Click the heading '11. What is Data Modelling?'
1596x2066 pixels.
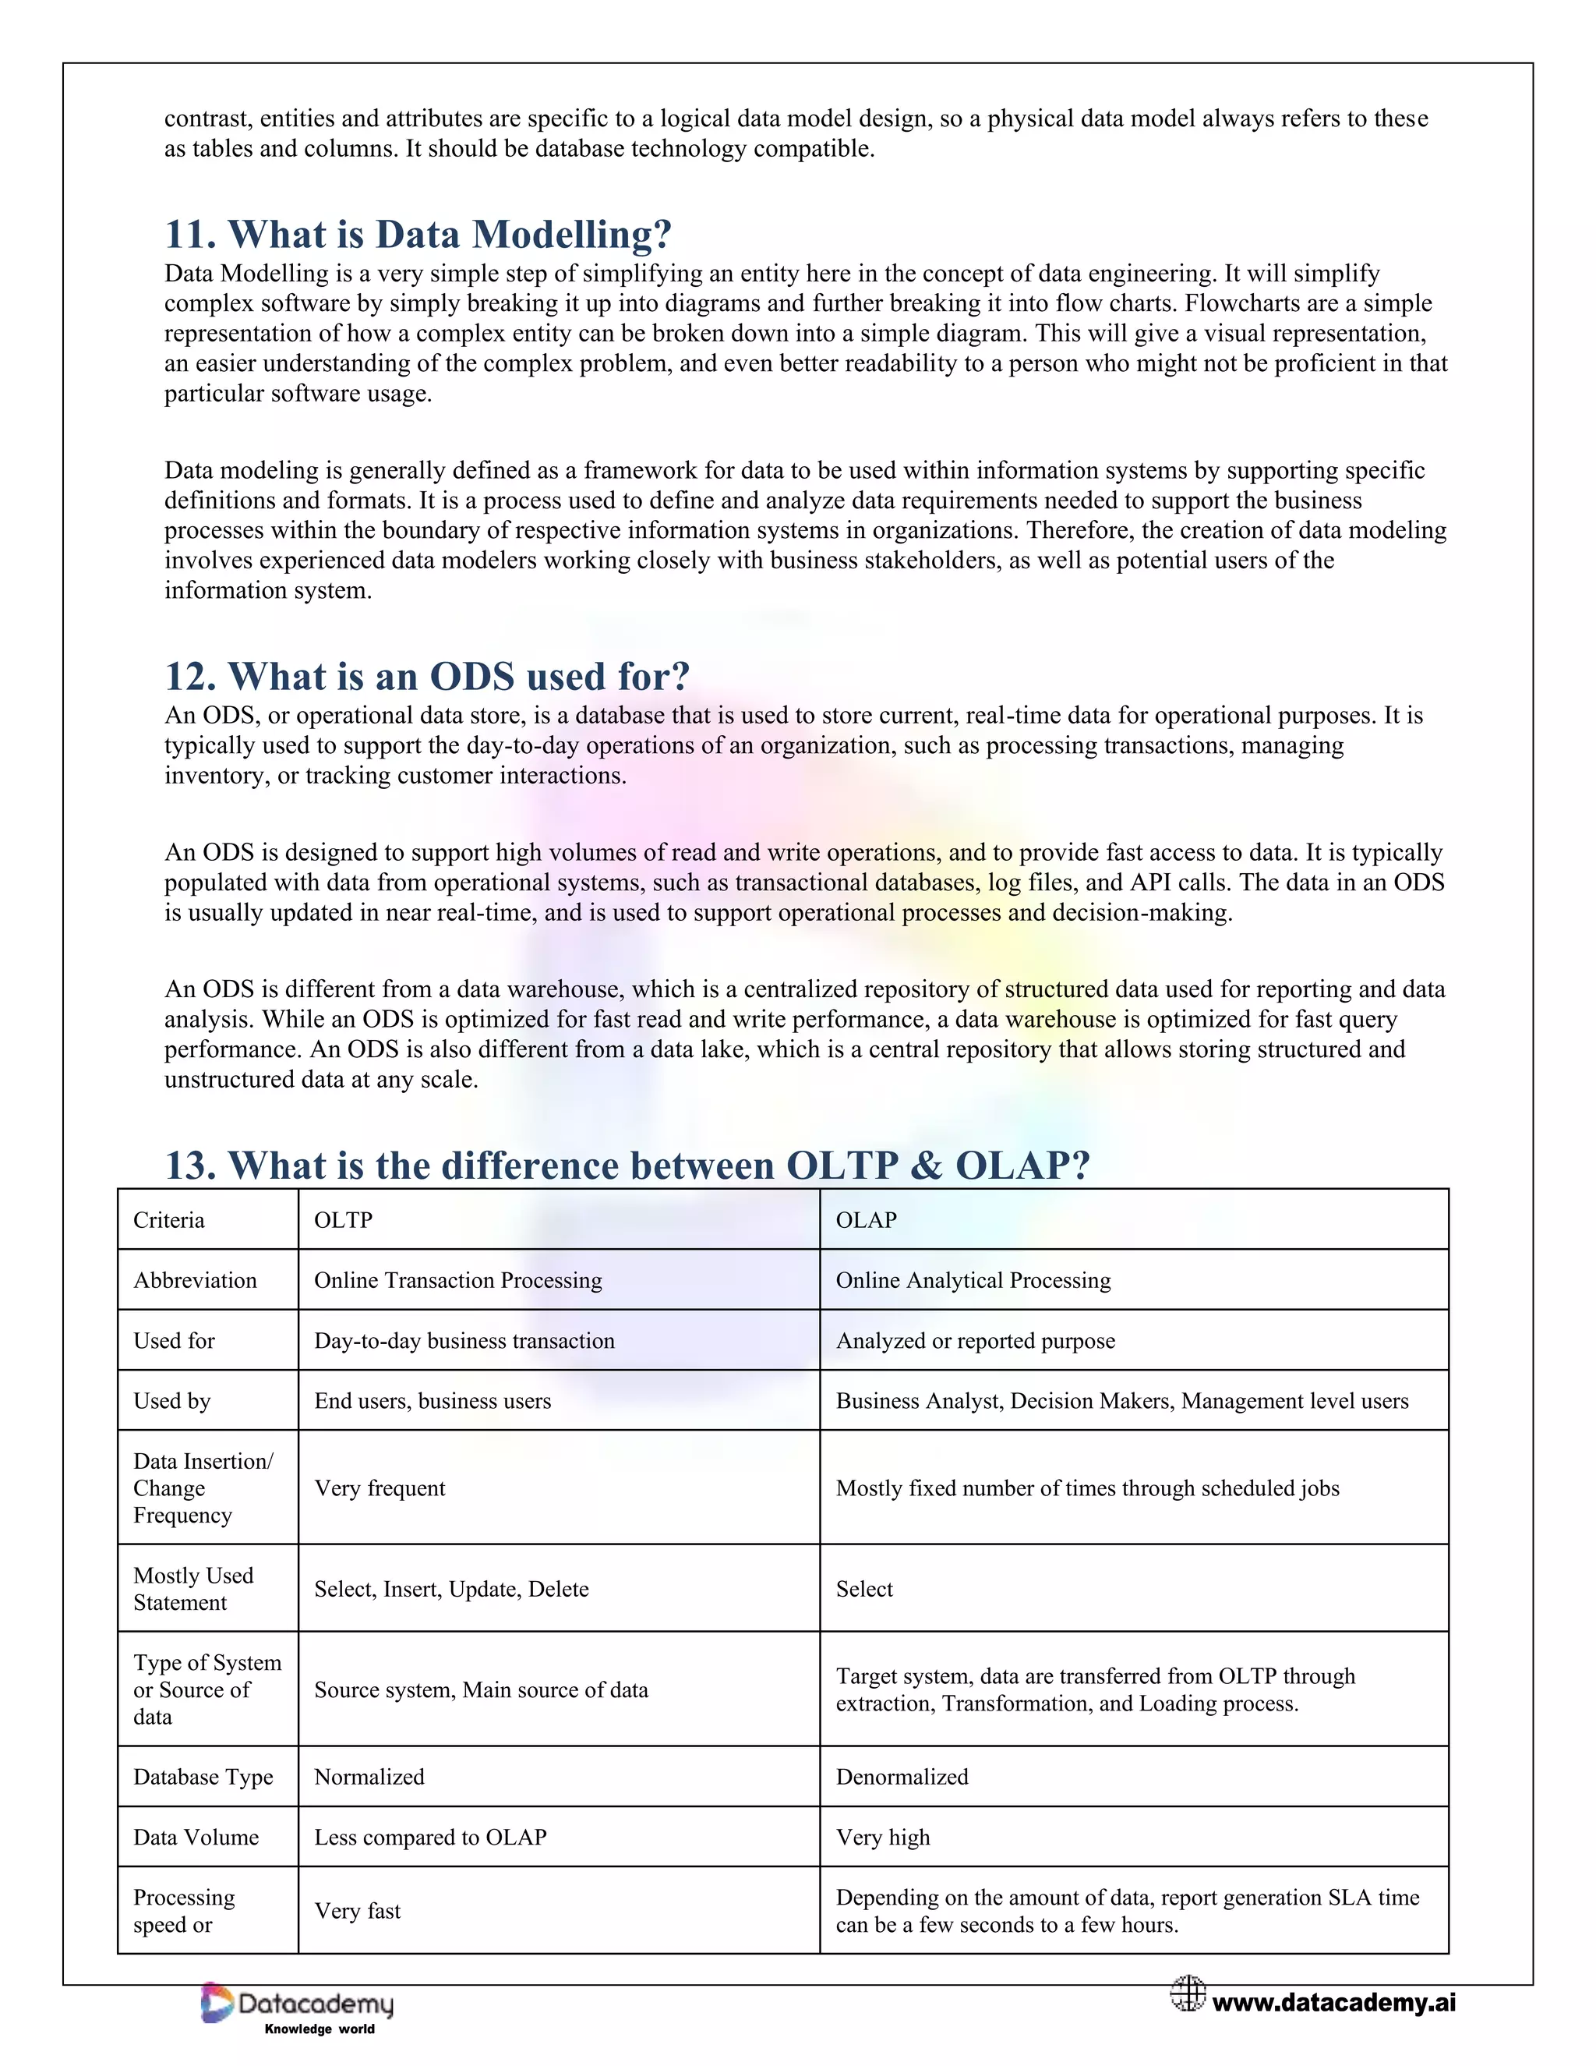tap(418, 235)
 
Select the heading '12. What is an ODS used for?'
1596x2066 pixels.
tap(427, 677)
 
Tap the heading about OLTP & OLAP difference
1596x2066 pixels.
tap(627, 1166)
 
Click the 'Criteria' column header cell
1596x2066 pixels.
tap(169, 1220)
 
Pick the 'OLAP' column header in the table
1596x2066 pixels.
tap(866, 1220)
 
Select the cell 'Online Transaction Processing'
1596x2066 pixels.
tap(457, 1281)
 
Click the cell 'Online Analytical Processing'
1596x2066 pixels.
tap(973, 1281)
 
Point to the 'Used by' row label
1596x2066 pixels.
tap(172, 1401)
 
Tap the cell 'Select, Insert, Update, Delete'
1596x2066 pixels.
tap(451, 1589)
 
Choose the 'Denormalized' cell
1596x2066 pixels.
tap(902, 1778)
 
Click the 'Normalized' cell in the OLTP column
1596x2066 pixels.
tap(369, 1778)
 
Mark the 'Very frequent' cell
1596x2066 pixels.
tap(380, 1489)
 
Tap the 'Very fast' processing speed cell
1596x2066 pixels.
tap(358, 1912)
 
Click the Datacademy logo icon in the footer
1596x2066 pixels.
tap(217, 2004)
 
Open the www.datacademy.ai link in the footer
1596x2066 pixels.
tap(1333, 2003)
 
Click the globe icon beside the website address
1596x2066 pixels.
tap(1188, 1993)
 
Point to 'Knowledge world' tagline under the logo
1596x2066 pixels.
tap(320, 2029)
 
